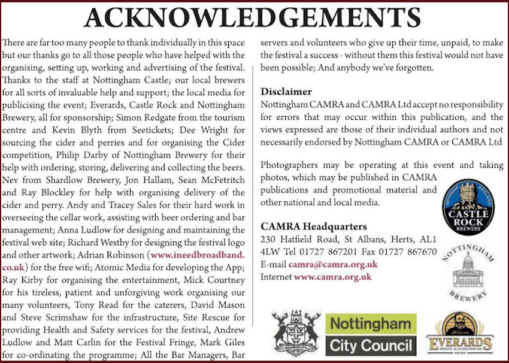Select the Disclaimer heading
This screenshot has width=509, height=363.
pos(286,92)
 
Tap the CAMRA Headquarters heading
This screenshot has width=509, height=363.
pos(314,226)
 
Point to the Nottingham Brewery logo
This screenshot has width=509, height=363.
pos(469,272)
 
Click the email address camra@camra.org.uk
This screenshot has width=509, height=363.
pos(332,264)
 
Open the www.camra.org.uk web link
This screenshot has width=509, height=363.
pos(332,277)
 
